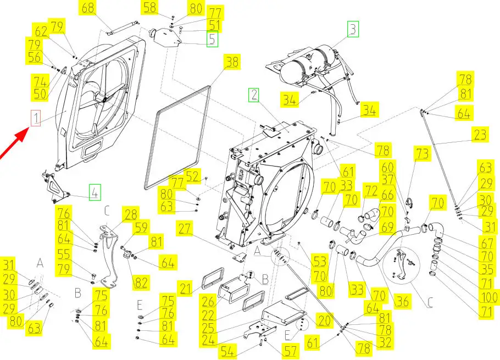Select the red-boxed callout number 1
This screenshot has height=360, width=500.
[x=35, y=118]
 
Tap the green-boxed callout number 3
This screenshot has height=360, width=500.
[x=352, y=29]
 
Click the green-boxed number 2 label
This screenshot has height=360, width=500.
[x=253, y=95]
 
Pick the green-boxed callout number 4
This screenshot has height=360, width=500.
[x=95, y=193]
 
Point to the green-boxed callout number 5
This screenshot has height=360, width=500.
[x=212, y=39]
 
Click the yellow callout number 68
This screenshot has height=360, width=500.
[x=88, y=8]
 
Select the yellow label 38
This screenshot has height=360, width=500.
[x=232, y=62]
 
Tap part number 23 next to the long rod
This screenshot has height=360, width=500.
[x=480, y=135]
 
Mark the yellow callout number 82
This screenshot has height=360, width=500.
[x=141, y=283]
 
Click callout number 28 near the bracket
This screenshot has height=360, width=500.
[x=131, y=215]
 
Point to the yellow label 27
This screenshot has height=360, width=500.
[x=185, y=228]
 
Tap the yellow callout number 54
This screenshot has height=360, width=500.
[x=228, y=350]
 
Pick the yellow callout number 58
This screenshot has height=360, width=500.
[x=150, y=8]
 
